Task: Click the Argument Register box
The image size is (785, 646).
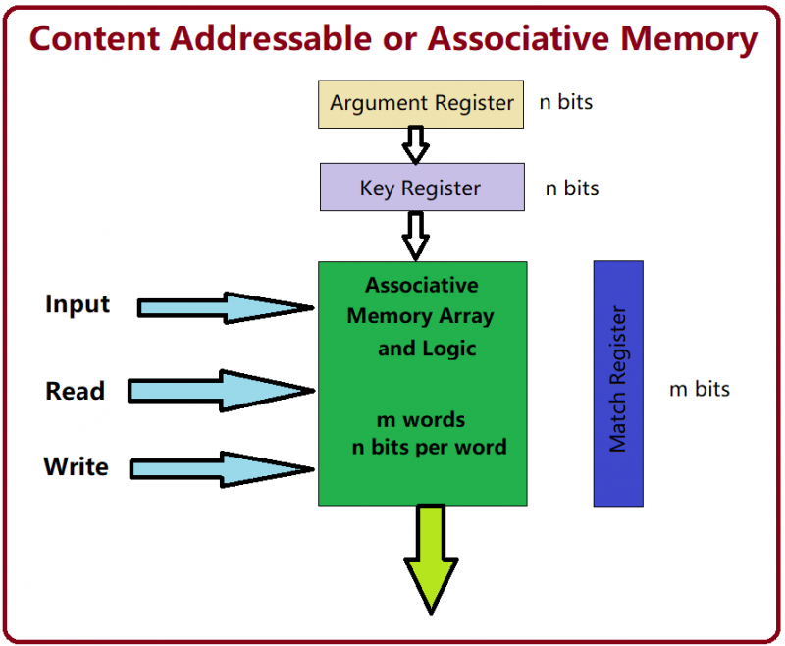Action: (422, 103)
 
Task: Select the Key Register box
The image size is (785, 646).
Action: (422, 187)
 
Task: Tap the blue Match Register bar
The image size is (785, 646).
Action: (618, 383)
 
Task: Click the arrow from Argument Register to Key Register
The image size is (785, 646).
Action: (416, 144)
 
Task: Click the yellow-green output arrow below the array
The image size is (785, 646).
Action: (431, 556)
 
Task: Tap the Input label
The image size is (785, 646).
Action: (78, 304)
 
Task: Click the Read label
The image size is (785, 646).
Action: (75, 391)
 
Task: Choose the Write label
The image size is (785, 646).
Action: (76, 466)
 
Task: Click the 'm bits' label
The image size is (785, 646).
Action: (700, 389)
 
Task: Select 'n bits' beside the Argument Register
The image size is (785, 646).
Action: (566, 102)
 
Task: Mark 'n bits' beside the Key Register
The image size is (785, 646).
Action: (572, 188)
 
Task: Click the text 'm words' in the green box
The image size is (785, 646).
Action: (421, 420)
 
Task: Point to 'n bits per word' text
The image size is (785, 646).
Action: (430, 448)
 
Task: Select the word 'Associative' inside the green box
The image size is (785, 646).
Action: (422, 286)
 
